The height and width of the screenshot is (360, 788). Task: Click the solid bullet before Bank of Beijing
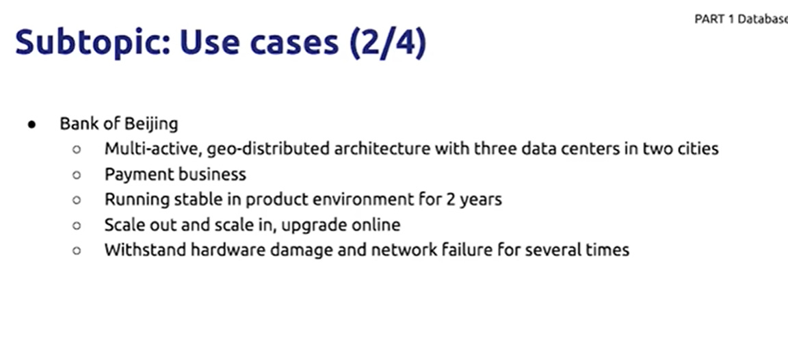point(32,124)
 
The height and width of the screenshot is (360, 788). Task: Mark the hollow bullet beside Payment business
point(77,175)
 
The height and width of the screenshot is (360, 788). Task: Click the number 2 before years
point(450,200)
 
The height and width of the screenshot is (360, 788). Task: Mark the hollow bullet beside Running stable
point(77,200)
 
